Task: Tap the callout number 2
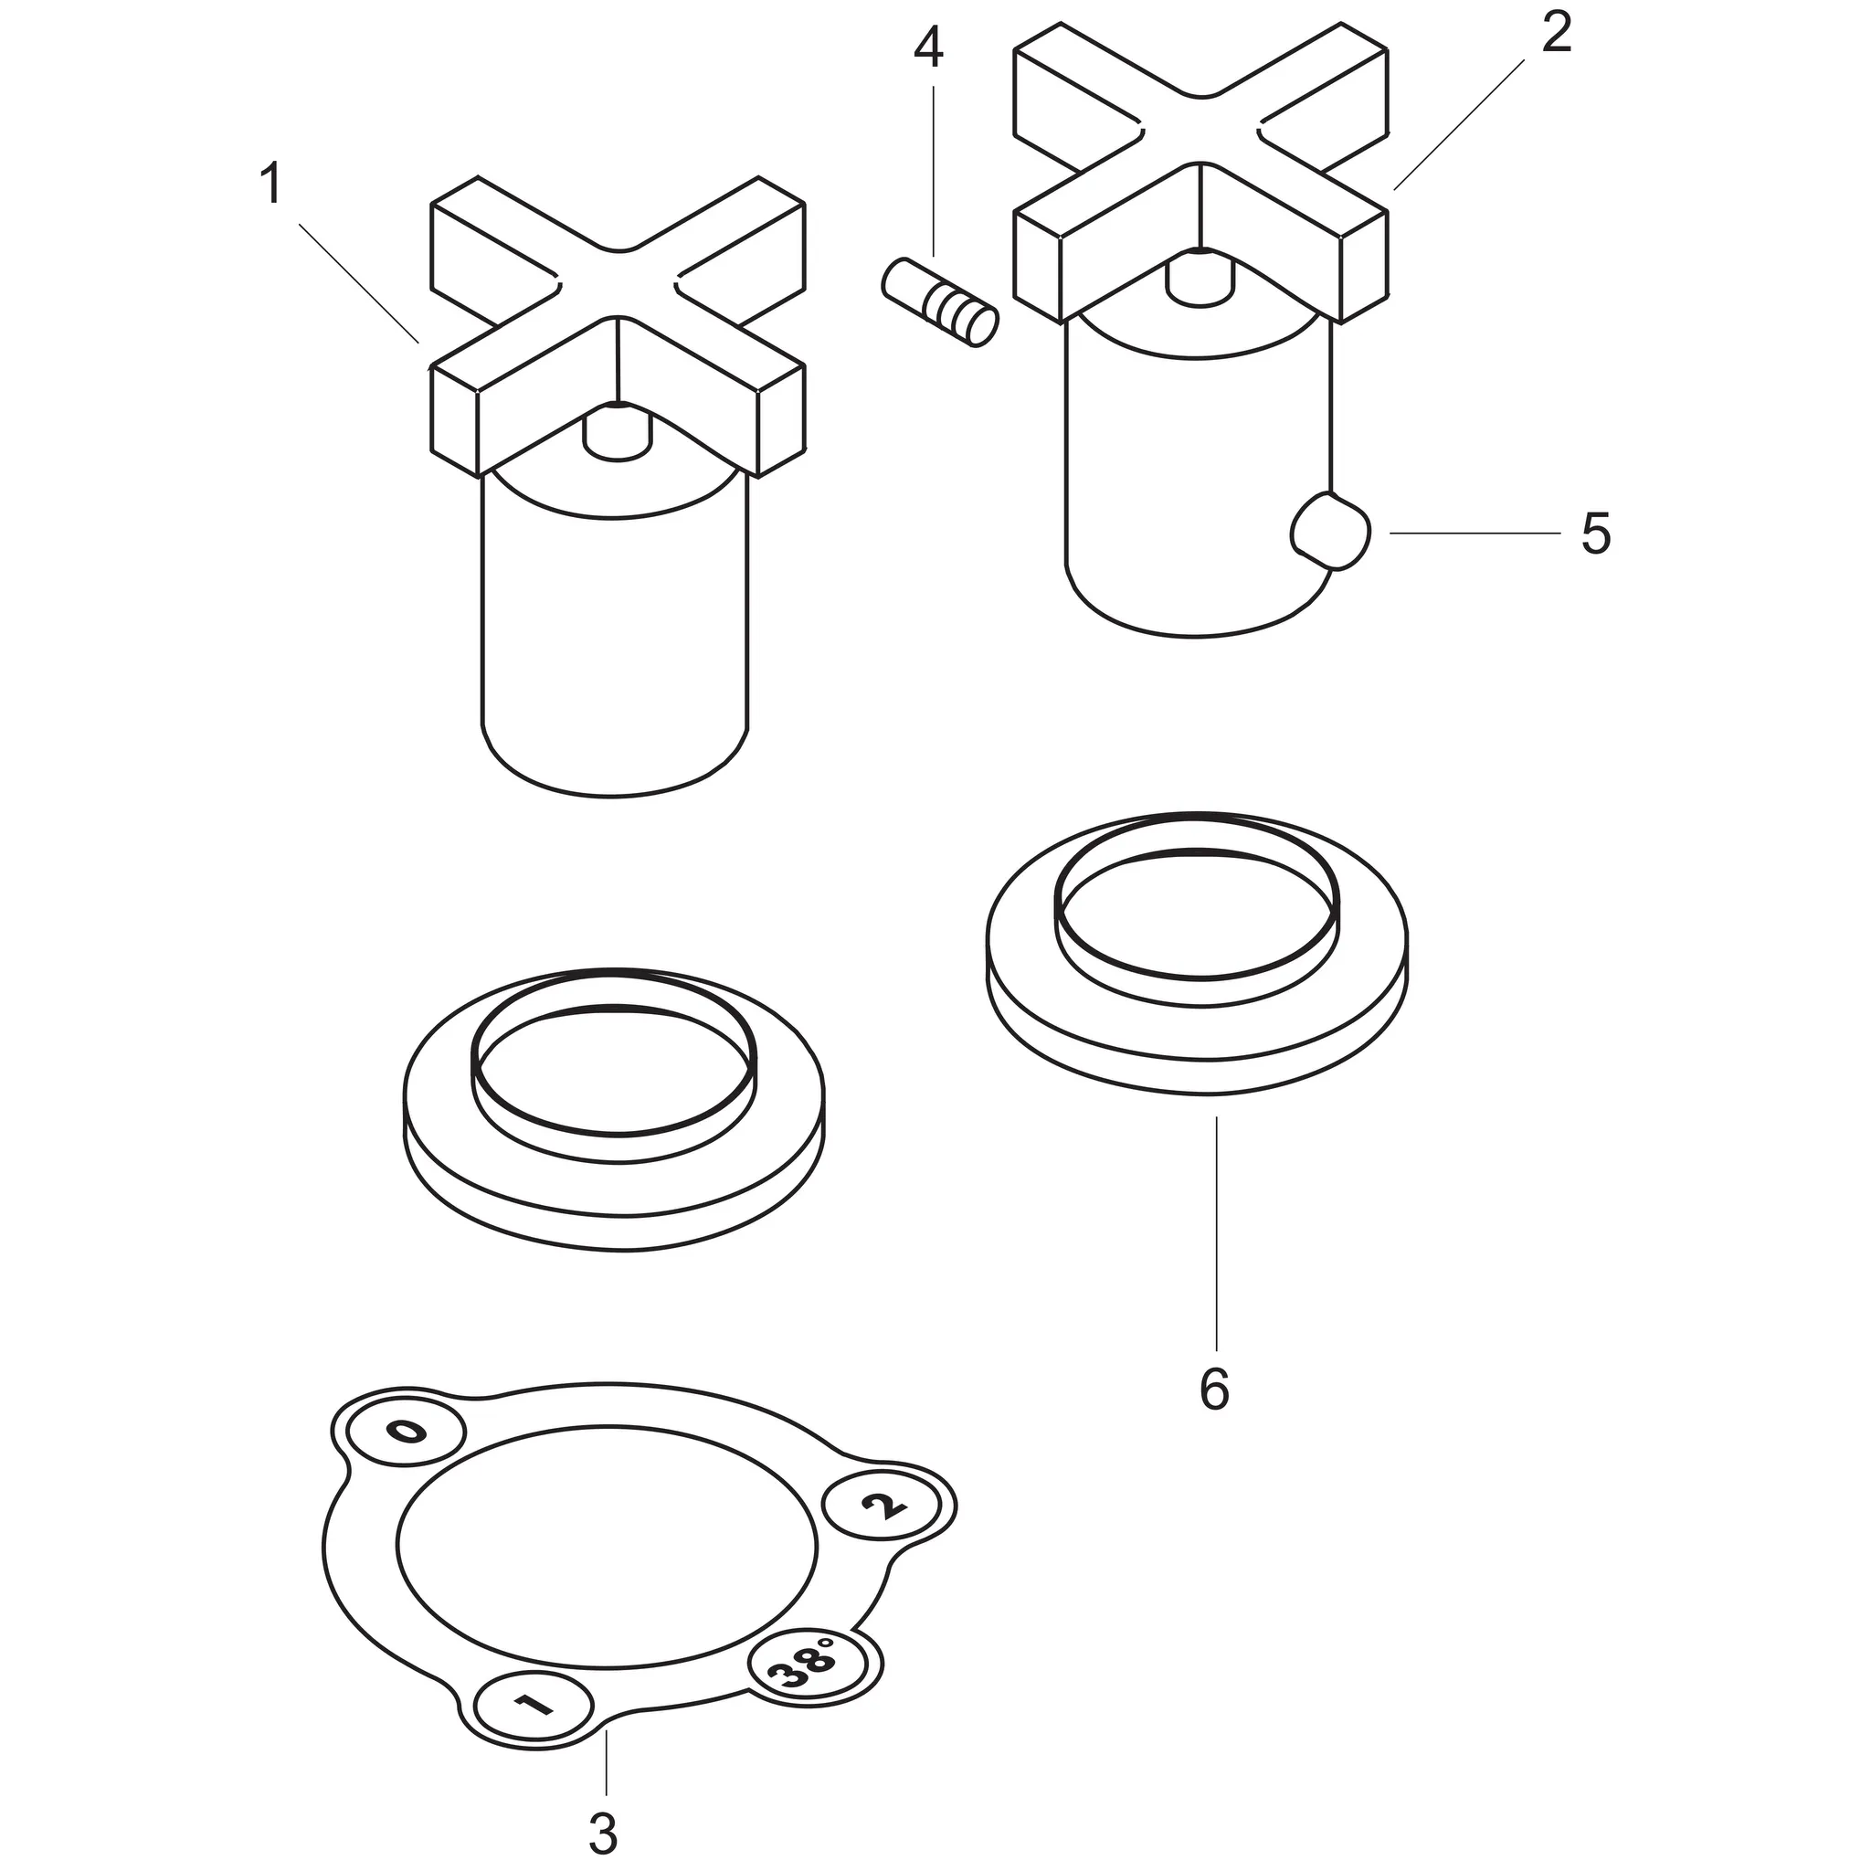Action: pyautogui.click(x=1555, y=35)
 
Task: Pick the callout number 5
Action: pyautogui.click(x=1596, y=534)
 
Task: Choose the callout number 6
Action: pyautogui.click(x=1214, y=1390)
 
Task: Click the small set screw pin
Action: pyautogui.click(x=939, y=302)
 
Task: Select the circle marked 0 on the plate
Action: pyautogui.click(x=407, y=1432)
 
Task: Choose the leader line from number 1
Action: pyautogui.click(x=359, y=284)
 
